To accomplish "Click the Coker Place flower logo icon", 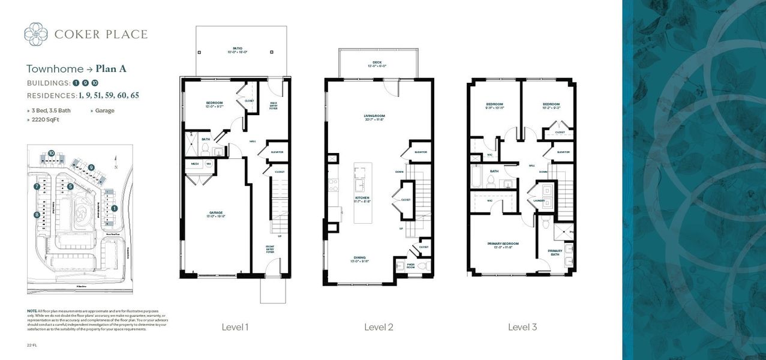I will [x=36, y=34].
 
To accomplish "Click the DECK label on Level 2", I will [x=378, y=63].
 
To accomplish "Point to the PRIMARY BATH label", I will [x=555, y=253].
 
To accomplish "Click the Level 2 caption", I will [x=379, y=327].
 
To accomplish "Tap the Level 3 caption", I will [x=522, y=327].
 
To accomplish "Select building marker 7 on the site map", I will [x=37, y=187].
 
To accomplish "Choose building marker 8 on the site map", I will [x=37, y=214].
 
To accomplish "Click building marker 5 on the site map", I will [x=70, y=187].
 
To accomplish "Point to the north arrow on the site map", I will [x=115, y=161].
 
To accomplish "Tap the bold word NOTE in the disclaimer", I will [x=31, y=311].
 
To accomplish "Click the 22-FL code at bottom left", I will [x=31, y=345].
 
